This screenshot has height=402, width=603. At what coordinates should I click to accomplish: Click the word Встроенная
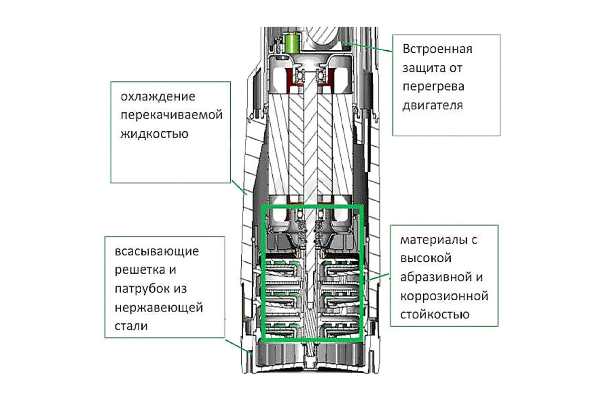click(x=437, y=49)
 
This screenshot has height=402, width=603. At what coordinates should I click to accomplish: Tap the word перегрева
click(x=433, y=87)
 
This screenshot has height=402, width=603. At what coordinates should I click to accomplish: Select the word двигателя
click(x=433, y=106)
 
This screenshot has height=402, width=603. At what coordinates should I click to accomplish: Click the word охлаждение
click(x=158, y=96)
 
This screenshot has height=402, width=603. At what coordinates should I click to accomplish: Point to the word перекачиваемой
click(x=171, y=115)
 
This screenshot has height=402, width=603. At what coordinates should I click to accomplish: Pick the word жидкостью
click(x=154, y=134)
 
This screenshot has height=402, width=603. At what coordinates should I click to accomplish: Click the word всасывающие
click(x=157, y=251)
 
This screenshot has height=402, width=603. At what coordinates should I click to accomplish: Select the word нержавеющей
click(x=159, y=308)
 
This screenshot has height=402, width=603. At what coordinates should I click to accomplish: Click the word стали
click(x=131, y=326)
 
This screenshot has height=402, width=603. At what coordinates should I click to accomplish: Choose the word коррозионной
click(x=444, y=296)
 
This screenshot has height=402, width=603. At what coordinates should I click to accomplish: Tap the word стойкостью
click(x=435, y=315)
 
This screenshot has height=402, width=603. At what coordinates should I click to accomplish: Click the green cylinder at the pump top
click(x=292, y=43)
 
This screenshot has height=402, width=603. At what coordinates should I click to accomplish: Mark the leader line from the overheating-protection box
click(x=367, y=47)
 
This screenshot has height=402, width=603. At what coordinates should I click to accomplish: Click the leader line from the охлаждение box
click(x=239, y=187)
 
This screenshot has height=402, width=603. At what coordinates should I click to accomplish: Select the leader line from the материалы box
click(x=376, y=278)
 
